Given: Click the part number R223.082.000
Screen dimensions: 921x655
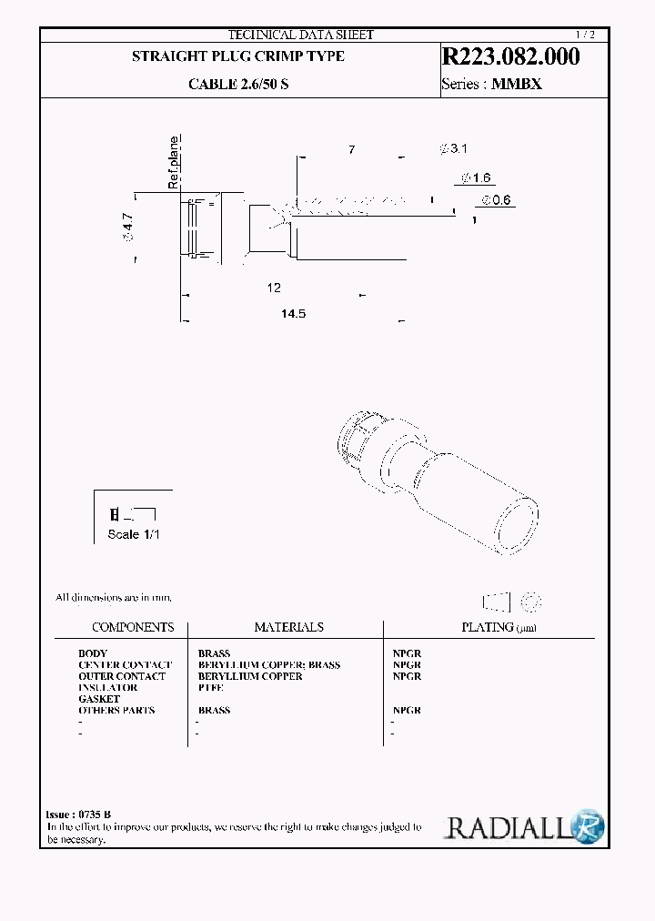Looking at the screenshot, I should click(x=509, y=56).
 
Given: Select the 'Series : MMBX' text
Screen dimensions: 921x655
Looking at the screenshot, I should click(x=491, y=83).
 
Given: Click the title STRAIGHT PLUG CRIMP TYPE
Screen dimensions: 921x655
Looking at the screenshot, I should click(x=238, y=56).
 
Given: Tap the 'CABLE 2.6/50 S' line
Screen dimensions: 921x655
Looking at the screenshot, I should click(x=238, y=83).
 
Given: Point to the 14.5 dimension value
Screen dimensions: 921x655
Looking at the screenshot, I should click(x=293, y=313).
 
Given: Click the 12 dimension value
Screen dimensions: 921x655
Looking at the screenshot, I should click(x=274, y=288).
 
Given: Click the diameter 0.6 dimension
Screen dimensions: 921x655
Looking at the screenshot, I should click(x=497, y=200).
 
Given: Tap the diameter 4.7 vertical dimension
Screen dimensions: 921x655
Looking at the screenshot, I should click(x=128, y=227).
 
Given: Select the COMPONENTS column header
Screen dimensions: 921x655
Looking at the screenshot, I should click(x=133, y=627).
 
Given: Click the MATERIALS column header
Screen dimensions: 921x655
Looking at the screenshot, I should click(x=288, y=627).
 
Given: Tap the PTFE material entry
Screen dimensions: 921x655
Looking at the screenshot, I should click(x=210, y=688).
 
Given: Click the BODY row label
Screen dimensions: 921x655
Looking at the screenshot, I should click(x=93, y=653).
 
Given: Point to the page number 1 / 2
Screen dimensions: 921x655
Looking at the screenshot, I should click(x=590, y=35).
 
